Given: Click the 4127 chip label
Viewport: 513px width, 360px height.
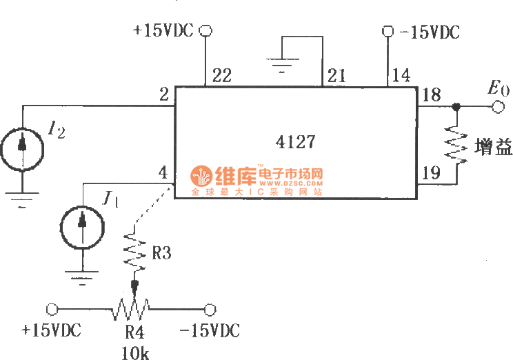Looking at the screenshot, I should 295,142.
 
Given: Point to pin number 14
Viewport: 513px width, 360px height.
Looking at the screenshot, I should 401,77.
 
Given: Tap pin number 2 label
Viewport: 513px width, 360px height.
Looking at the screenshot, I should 164,96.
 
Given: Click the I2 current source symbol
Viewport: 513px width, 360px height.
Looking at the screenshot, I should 23,146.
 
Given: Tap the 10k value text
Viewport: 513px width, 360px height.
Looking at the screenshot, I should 134,353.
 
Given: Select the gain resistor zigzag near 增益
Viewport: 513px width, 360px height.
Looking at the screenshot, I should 456,146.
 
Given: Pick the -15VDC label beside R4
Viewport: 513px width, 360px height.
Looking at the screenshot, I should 209,331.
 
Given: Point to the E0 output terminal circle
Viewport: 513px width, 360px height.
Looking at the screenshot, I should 496,107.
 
